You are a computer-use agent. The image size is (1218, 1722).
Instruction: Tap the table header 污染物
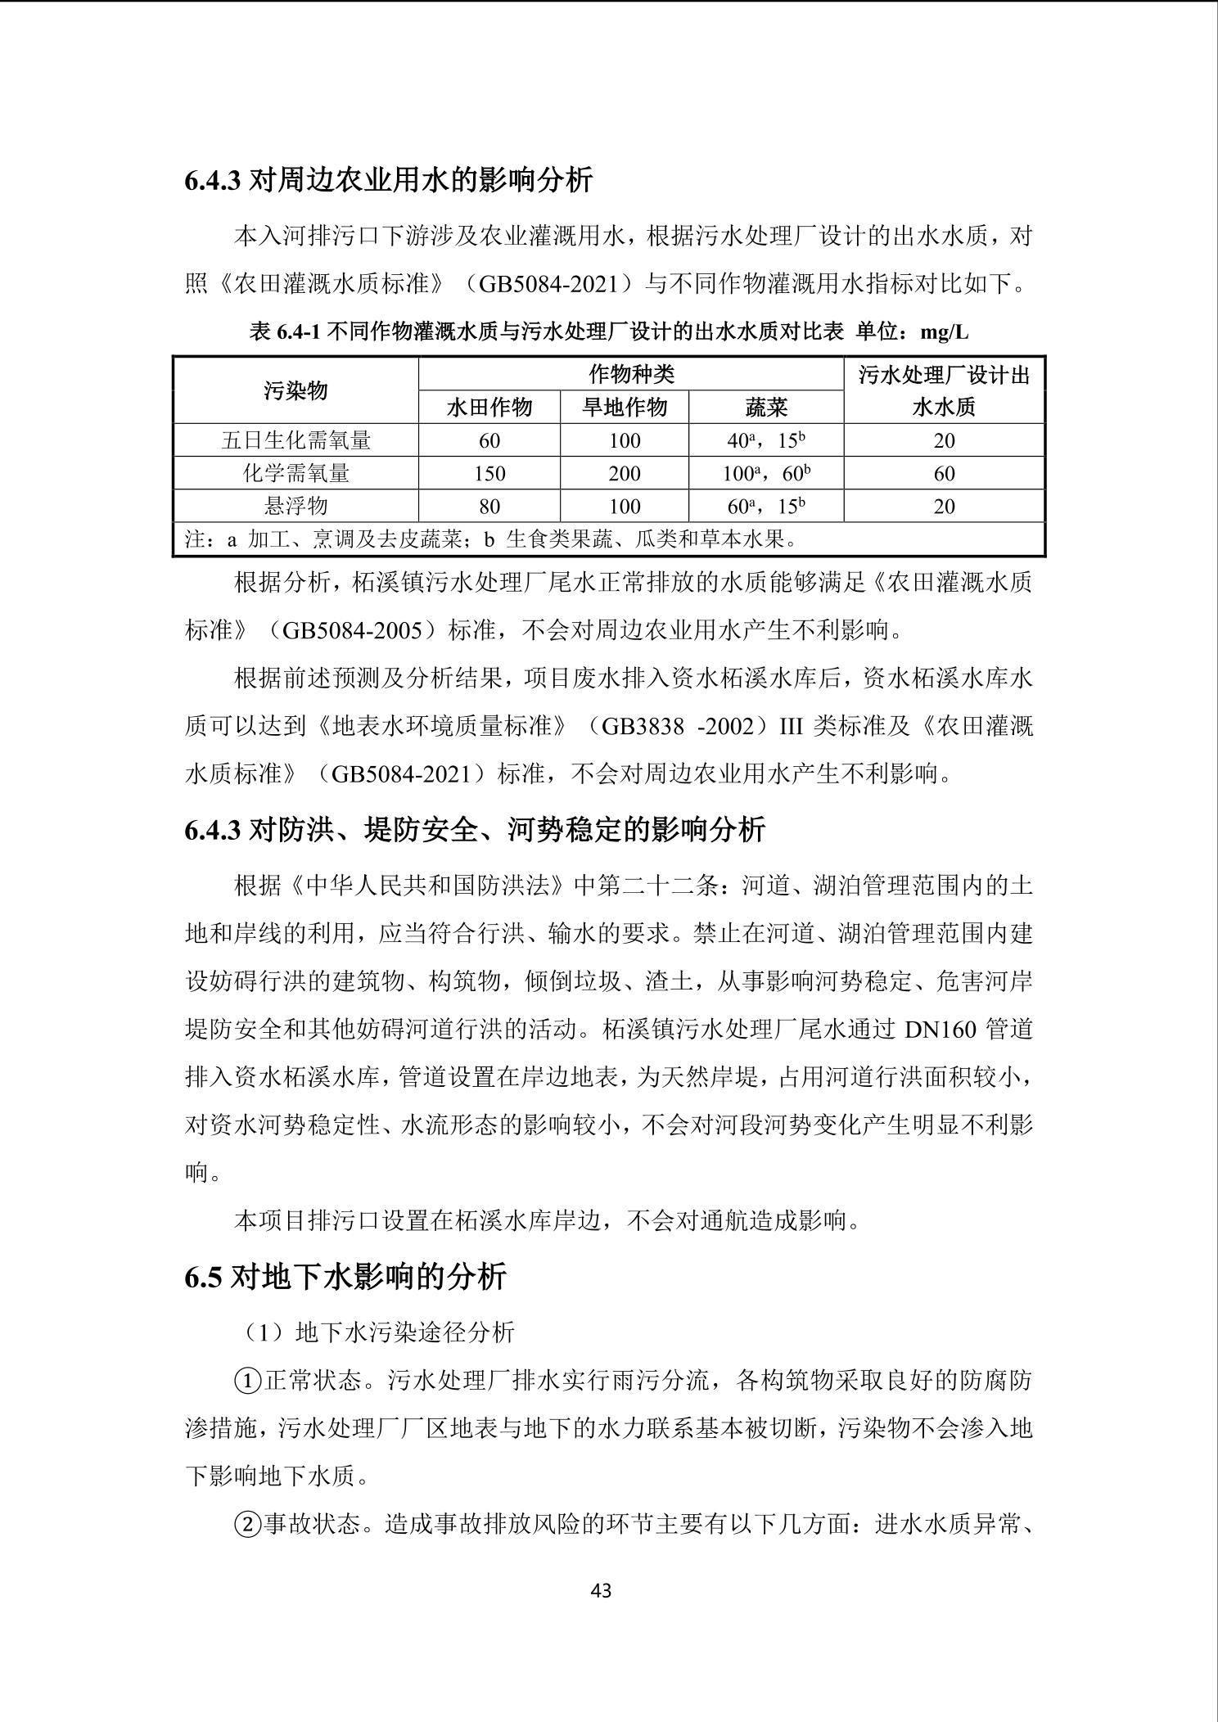(x=295, y=391)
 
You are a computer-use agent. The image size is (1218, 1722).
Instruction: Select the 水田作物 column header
(x=489, y=408)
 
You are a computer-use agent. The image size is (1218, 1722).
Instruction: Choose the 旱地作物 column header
(x=625, y=408)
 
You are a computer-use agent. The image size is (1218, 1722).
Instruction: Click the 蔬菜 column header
(x=766, y=408)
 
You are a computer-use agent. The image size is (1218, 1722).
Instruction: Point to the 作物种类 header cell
(x=631, y=375)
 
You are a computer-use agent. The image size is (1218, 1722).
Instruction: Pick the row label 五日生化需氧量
(x=295, y=441)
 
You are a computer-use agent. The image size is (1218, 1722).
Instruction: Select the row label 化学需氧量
(x=295, y=474)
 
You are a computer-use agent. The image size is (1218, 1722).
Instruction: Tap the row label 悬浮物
(x=295, y=507)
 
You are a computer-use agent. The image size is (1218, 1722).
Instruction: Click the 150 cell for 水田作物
(x=489, y=474)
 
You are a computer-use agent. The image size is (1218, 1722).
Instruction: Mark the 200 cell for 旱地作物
(x=625, y=474)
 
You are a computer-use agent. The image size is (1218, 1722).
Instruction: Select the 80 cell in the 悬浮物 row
(x=489, y=507)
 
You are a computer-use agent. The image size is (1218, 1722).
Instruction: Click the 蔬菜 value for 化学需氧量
(x=766, y=474)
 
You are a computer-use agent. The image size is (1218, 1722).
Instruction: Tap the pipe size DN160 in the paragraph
(x=941, y=1030)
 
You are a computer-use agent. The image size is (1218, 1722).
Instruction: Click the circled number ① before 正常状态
(x=246, y=1382)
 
